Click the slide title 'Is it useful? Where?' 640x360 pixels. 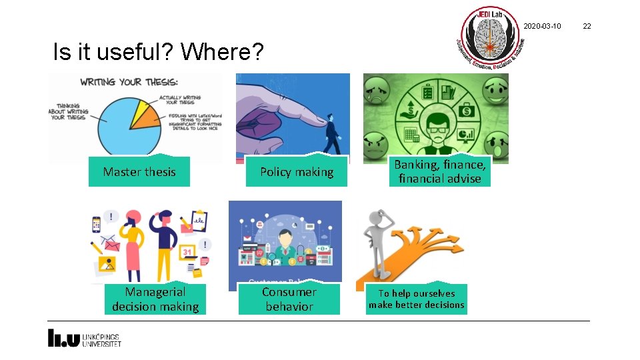coord(159,51)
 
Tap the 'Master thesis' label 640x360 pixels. coord(139,172)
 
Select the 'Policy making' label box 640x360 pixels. coord(297,172)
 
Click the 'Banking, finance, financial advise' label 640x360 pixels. coord(439,171)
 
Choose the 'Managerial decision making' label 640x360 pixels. coord(155,299)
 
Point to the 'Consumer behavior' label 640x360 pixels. coord(289,299)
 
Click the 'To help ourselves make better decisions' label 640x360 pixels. coord(417,299)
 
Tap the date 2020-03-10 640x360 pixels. coord(542,26)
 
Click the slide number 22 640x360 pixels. coord(587,26)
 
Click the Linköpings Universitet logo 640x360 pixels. coord(84,338)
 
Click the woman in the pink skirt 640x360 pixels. coord(132,247)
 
